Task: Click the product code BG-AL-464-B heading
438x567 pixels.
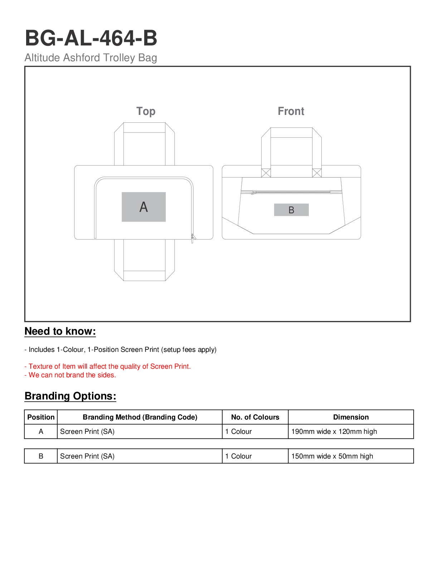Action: pos(91,38)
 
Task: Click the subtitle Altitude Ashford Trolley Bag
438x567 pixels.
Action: pos(91,58)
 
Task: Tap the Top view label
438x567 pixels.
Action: pos(146,111)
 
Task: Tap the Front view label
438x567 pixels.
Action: pos(291,111)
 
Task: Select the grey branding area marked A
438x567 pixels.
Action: pos(143,207)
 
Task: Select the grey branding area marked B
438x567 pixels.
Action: pos(291,210)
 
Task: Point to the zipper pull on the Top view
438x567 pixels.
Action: pos(193,237)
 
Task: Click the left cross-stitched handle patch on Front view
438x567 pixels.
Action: pos(266,173)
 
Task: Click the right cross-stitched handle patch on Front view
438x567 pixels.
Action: pos(317,173)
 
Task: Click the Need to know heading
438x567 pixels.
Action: pos(60,331)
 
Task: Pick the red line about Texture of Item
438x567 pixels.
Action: pos(107,366)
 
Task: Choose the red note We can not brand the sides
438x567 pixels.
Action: pos(70,375)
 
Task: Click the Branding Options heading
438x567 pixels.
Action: pos(70,396)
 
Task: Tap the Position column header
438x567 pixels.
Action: pos(41,417)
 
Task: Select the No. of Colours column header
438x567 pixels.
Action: pos(255,417)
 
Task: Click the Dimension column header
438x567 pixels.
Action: pos(351,417)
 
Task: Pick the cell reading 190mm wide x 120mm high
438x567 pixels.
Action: pos(334,431)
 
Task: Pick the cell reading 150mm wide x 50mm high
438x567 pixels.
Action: pos(332,456)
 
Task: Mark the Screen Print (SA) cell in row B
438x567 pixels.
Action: pos(87,456)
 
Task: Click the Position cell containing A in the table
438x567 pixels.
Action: pos(41,431)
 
